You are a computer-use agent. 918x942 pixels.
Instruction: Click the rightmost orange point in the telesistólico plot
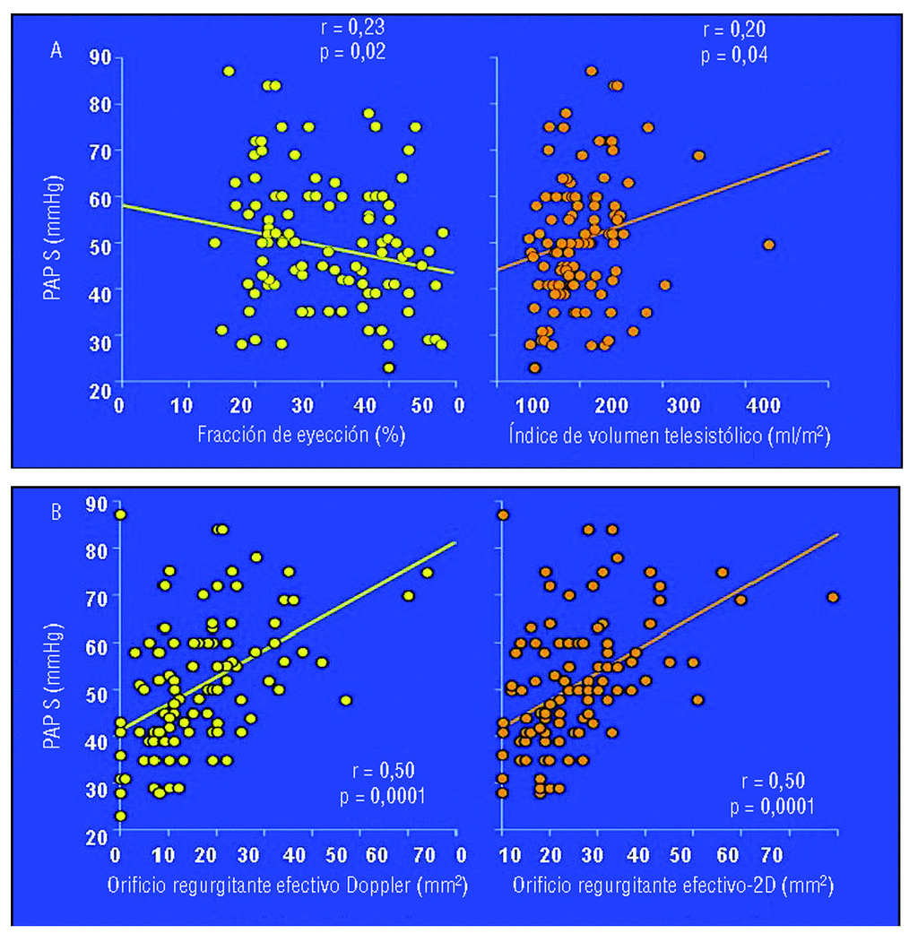pyautogui.click(x=768, y=245)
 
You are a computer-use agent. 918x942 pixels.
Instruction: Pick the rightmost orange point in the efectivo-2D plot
pyautogui.click(x=833, y=597)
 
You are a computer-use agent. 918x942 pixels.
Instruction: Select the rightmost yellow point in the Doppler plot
pyautogui.click(x=427, y=574)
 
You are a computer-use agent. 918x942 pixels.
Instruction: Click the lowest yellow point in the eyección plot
pyautogui.click(x=389, y=367)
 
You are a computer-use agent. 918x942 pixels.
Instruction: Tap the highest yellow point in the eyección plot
pyautogui.click(x=229, y=71)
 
